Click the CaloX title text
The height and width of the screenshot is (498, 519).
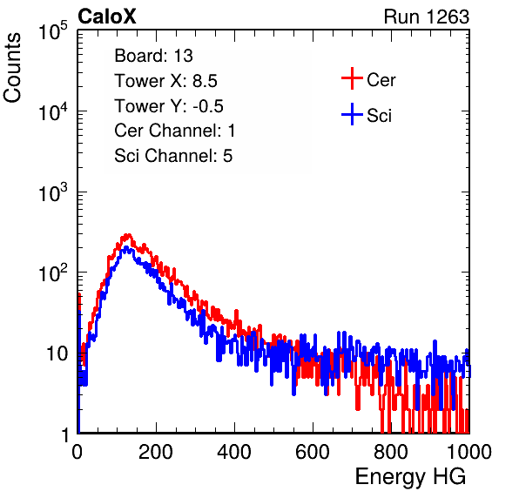106,17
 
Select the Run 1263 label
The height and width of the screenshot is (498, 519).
427,17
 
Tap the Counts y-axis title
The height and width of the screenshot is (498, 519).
12,68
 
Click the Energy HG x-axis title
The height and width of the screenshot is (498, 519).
410,477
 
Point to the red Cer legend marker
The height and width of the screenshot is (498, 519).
352,78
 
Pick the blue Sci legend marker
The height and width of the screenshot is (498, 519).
352,114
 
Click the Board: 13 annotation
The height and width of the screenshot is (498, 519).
153,56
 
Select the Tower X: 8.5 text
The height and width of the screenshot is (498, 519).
165,81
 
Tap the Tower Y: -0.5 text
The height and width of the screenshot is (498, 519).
169,106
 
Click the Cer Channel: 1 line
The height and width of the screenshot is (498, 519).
175,131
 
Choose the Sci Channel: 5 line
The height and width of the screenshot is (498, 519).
173,156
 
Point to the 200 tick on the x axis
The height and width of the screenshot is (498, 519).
156,452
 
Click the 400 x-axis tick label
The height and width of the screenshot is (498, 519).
234,452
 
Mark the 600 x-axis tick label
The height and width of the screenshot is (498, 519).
313,452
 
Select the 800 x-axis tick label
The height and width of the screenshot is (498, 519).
391,452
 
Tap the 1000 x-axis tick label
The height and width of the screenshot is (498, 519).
469,452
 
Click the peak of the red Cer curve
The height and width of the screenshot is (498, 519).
128,235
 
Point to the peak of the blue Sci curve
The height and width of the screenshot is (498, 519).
126,248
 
